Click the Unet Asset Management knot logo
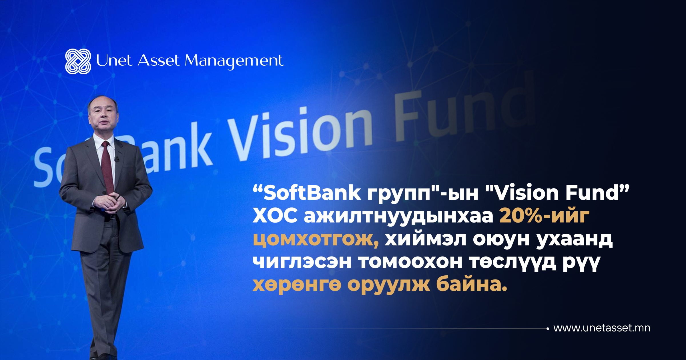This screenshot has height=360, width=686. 78,61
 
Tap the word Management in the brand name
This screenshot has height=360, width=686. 234,61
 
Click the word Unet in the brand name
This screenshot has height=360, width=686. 114,60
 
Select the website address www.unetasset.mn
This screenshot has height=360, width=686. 602,328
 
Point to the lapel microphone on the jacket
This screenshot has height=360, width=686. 116,159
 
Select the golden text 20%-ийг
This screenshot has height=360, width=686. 544,216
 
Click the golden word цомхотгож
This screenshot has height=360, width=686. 316,239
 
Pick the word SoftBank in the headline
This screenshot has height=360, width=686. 312,193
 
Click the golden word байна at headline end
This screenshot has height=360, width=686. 472,285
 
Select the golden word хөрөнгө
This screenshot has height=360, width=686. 297,285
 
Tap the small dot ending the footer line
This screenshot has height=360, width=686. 548,329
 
